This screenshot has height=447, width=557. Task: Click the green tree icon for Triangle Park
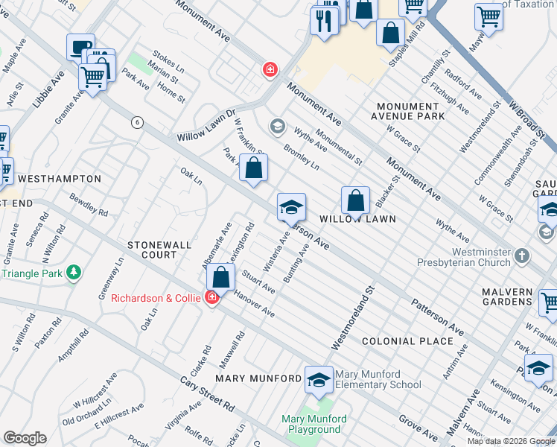pos(74,273)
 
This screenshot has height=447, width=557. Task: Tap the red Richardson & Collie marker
pos(211,298)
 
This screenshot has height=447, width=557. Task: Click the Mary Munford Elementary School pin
pos(319,378)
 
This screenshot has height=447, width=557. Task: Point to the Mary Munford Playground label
pos(311,424)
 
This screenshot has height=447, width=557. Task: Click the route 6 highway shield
pos(136,122)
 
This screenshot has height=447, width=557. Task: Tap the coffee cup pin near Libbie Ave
pos(80,46)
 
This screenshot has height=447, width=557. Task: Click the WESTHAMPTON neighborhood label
pos(59,179)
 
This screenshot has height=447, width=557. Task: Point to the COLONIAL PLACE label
pos(407,341)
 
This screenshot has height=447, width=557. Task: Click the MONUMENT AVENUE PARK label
pos(410,112)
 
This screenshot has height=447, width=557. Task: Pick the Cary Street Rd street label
pos(208,394)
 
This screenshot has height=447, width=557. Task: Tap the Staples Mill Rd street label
pos(405,50)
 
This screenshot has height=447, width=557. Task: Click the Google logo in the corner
pos(25,438)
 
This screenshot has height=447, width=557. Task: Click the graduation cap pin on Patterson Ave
pos(291,206)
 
